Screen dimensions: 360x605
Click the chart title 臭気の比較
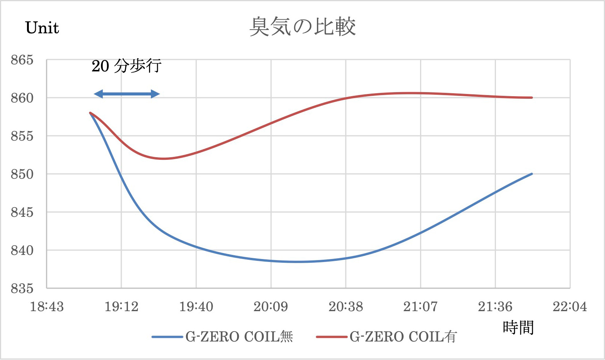[x=302, y=27]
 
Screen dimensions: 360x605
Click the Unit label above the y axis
[x=42, y=28]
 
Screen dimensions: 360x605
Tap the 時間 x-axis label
[x=518, y=328]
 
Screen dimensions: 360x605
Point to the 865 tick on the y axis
[x=22, y=60]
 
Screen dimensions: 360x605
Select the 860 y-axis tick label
[x=22, y=98]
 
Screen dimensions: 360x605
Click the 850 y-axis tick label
[x=22, y=174]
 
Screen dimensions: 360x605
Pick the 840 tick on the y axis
[x=22, y=250]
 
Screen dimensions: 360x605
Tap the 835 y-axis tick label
[x=22, y=289]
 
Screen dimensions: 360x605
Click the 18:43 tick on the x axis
[x=47, y=307]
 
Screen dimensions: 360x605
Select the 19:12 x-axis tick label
[x=121, y=307]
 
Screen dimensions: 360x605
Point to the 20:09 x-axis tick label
[x=271, y=307]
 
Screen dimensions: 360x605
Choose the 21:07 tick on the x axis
[x=420, y=307]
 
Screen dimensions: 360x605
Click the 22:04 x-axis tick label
[x=569, y=307]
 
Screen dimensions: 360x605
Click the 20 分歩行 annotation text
[x=126, y=66]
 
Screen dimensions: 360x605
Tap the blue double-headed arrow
[x=127, y=94]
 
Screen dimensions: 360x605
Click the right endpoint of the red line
[x=532, y=98]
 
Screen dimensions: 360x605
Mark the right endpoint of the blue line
[x=532, y=174]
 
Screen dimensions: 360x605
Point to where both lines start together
[x=90, y=113]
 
